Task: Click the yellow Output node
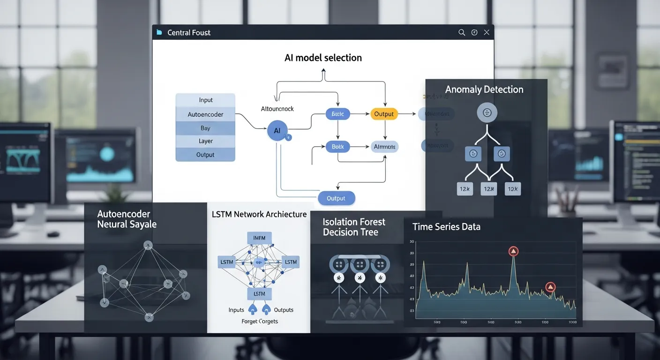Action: pyautogui.click(x=384, y=114)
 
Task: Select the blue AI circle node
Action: pyautogui.click(x=277, y=131)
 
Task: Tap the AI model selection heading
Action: pyautogui.click(x=323, y=58)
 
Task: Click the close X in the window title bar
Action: pyautogui.click(x=487, y=32)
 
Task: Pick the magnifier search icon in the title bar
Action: pyautogui.click(x=462, y=32)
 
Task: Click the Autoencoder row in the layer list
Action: pyautogui.click(x=205, y=114)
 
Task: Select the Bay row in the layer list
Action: pyautogui.click(x=205, y=128)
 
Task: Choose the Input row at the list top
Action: pyautogui.click(x=205, y=100)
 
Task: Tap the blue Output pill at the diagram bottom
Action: pyautogui.click(x=336, y=198)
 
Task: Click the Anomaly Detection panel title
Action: pyautogui.click(x=484, y=90)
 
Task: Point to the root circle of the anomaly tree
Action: pyautogui.click(x=487, y=112)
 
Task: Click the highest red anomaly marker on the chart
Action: pyautogui.click(x=513, y=251)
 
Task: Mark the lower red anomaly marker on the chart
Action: pyautogui.click(x=550, y=287)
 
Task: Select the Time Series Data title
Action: pyautogui.click(x=446, y=227)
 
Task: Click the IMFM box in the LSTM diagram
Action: pyautogui.click(x=259, y=238)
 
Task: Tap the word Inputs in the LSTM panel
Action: pyautogui.click(x=236, y=310)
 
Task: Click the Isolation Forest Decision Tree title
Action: pyautogui.click(x=354, y=227)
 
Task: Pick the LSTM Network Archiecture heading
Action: pyautogui.click(x=259, y=214)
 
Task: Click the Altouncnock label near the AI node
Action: pyautogui.click(x=277, y=109)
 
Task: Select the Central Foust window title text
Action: pyautogui.click(x=189, y=32)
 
